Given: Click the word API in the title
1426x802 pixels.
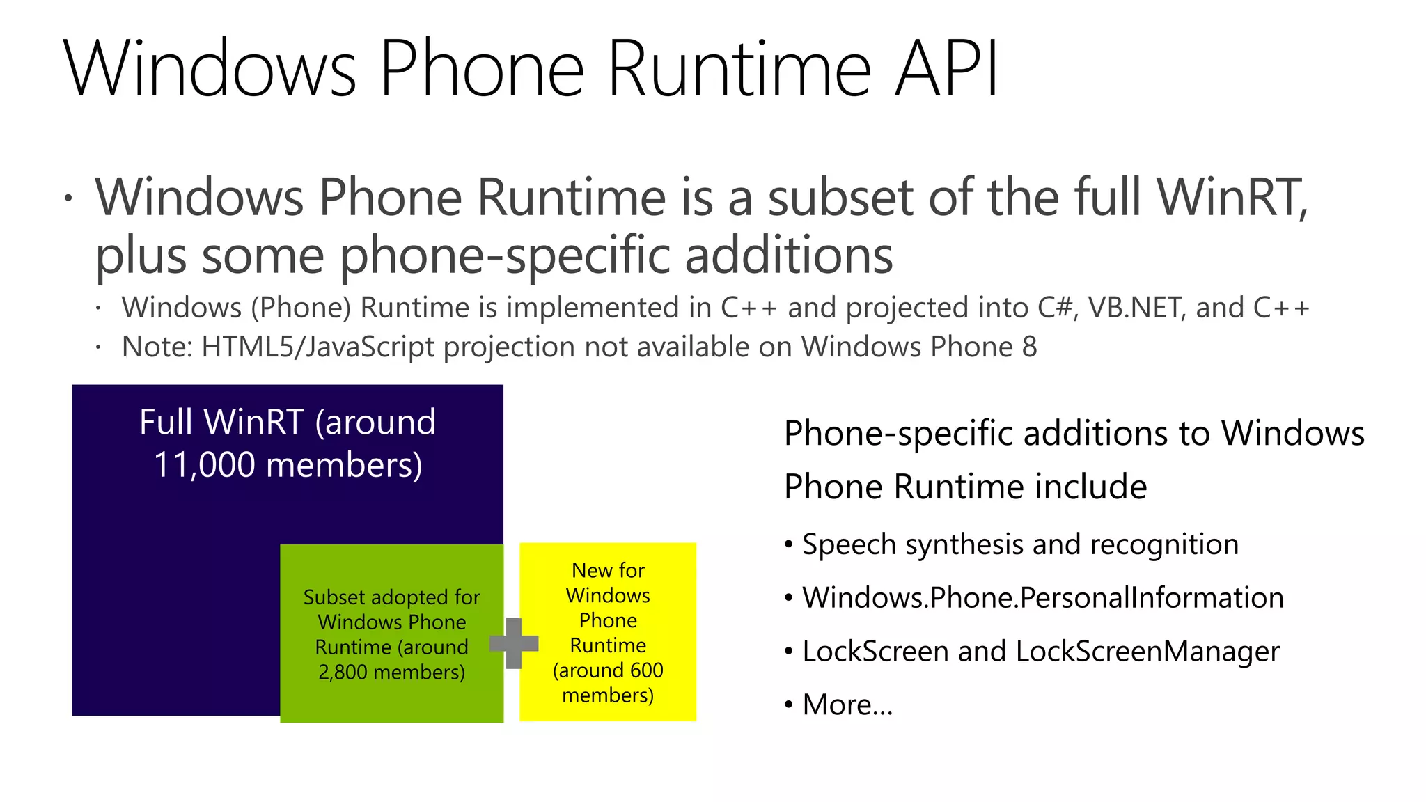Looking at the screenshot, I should click(947, 68).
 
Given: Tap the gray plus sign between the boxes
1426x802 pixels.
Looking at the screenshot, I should click(514, 643).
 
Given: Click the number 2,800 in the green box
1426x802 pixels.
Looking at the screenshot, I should click(343, 673).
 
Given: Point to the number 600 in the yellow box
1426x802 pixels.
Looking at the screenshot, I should click(647, 670).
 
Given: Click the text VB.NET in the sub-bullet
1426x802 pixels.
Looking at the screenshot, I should click(1136, 308).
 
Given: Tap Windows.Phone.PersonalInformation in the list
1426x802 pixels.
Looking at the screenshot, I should click(1042, 598).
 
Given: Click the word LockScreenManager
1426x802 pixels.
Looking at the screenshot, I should click(1147, 652).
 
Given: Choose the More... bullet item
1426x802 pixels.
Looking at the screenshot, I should click(847, 705).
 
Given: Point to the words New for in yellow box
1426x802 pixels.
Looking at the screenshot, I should click(608, 571).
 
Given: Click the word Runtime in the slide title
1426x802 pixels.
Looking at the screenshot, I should click(739, 68).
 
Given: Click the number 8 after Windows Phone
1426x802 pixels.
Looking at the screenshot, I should click(1029, 347).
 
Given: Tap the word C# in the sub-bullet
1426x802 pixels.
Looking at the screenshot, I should click(1054, 308).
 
